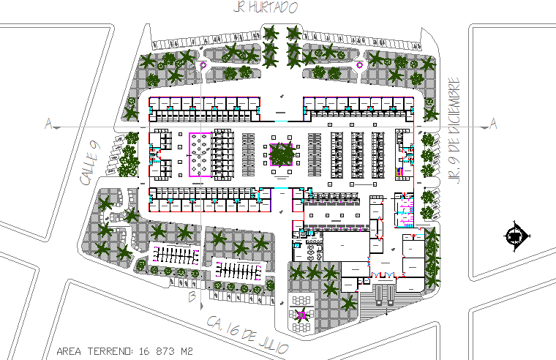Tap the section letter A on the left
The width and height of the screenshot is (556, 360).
(x=48, y=124)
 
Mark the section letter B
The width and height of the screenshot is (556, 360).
(x=192, y=296)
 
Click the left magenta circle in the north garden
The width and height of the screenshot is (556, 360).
(x=203, y=66)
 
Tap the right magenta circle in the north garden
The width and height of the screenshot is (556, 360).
(x=359, y=65)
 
